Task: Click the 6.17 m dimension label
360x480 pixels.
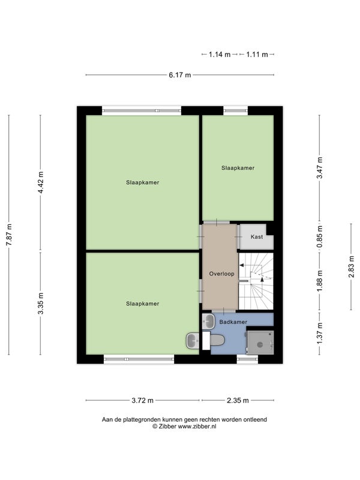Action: tap(179, 75)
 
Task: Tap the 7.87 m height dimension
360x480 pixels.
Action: tap(9, 235)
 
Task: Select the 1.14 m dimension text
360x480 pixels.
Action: tap(220, 55)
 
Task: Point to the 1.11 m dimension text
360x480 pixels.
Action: tap(257, 55)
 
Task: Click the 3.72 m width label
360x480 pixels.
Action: tap(143, 400)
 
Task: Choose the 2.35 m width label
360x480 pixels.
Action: tap(238, 400)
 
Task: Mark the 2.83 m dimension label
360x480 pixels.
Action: tap(352, 266)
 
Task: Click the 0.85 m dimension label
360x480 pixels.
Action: tap(320, 236)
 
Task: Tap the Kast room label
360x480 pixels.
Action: tap(257, 236)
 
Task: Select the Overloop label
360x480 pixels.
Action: tap(221, 274)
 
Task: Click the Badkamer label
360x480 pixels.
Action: tap(233, 322)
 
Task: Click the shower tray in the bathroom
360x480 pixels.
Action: tap(260, 343)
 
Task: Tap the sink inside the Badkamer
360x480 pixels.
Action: tap(208, 321)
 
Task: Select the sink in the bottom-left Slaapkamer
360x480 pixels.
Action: tap(193, 341)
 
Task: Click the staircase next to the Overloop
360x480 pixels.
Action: tap(256, 281)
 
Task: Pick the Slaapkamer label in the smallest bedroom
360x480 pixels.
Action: tap(238, 168)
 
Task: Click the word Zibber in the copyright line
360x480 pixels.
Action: tap(167, 427)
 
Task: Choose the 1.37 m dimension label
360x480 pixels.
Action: tap(320, 334)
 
